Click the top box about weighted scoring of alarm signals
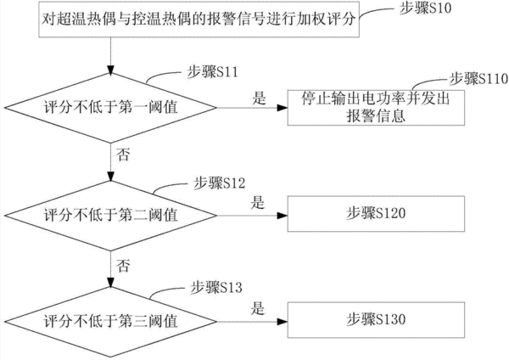coord(199,20)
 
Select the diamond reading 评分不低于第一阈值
coord(110,108)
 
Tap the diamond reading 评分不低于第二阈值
coord(110,215)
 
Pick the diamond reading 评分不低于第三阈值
coord(110,322)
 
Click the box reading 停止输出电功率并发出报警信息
coord(376,108)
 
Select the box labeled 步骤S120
coord(376,214)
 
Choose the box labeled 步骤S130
coord(376,320)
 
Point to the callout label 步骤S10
coord(425,8)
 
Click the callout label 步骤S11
coord(213,71)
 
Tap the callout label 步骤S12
coord(220,183)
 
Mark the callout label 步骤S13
coord(216,287)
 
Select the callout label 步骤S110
coord(478,79)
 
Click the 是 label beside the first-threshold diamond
coord(259,98)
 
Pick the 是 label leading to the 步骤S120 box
coord(258,203)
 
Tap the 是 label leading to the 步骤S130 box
coord(258,308)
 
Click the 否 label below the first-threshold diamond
coord(123,154)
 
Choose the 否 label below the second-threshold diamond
coord(123,266)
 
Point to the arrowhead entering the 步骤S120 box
coord(282,215)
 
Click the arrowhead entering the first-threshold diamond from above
coord(110,70)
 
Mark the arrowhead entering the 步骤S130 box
coord(282,322)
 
